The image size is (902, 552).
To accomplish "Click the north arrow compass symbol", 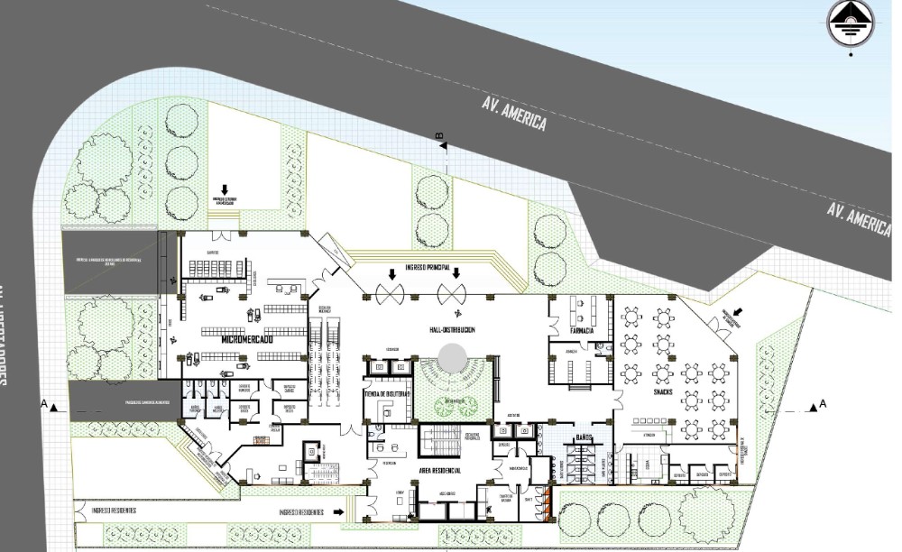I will [850, 22].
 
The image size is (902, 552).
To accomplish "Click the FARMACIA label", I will [581, 331].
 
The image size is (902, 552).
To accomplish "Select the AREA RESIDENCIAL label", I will [439, 471].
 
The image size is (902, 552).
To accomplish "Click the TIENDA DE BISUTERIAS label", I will [387, 395].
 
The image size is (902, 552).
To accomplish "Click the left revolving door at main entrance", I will [390, 291].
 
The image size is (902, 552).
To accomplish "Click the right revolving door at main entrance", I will [452, 291].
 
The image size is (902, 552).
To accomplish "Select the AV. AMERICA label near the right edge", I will [859, 218].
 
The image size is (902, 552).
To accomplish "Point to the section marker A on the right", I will [824, 407].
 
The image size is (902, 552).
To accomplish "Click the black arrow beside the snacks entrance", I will [739, 311].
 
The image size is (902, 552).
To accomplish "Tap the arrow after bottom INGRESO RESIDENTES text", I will [339, 511].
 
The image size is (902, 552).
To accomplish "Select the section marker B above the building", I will [439, 137].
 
